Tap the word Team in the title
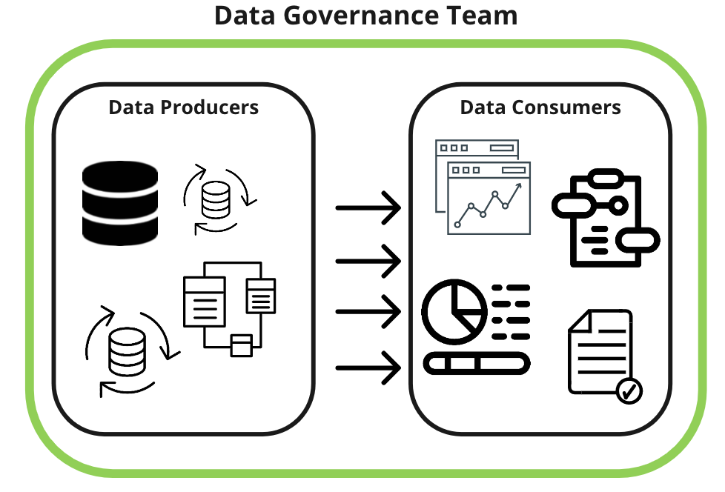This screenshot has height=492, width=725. (x=483, y=16)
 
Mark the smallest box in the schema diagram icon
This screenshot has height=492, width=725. (x=241, y=345)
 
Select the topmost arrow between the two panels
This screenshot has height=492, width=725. (x=368, y=208)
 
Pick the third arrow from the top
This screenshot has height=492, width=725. (x=368, y=311)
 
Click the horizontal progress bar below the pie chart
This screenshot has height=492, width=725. (x=477, y=363)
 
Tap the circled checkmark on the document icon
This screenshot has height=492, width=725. (x=629, y=390)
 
